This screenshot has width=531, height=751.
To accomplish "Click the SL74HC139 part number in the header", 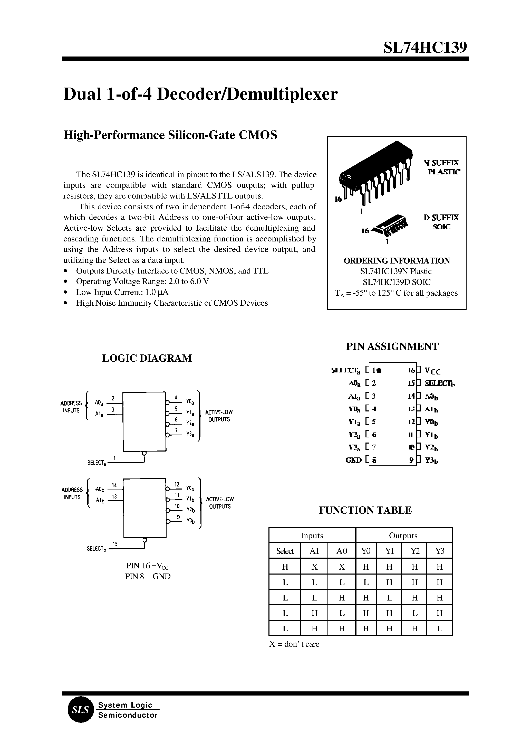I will tap(425, 48).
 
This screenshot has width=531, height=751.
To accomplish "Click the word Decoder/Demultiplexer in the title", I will tap(247, 95).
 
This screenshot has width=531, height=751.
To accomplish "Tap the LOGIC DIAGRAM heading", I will tap(147, 358).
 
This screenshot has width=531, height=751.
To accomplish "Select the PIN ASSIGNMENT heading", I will tap(392, 346).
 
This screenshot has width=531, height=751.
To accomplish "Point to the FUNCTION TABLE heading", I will tap(365, 510).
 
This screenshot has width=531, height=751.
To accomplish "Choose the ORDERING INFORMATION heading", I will tap(396, 261).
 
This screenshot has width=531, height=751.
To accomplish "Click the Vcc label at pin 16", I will tap(432, 371).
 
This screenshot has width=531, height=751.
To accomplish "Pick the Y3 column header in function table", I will tap(439, 551).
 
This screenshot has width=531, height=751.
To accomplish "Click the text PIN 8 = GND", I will tap(148, 576).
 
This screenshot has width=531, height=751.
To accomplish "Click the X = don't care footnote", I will tap(294, 644).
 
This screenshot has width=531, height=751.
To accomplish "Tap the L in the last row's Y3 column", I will tap(439, 628).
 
